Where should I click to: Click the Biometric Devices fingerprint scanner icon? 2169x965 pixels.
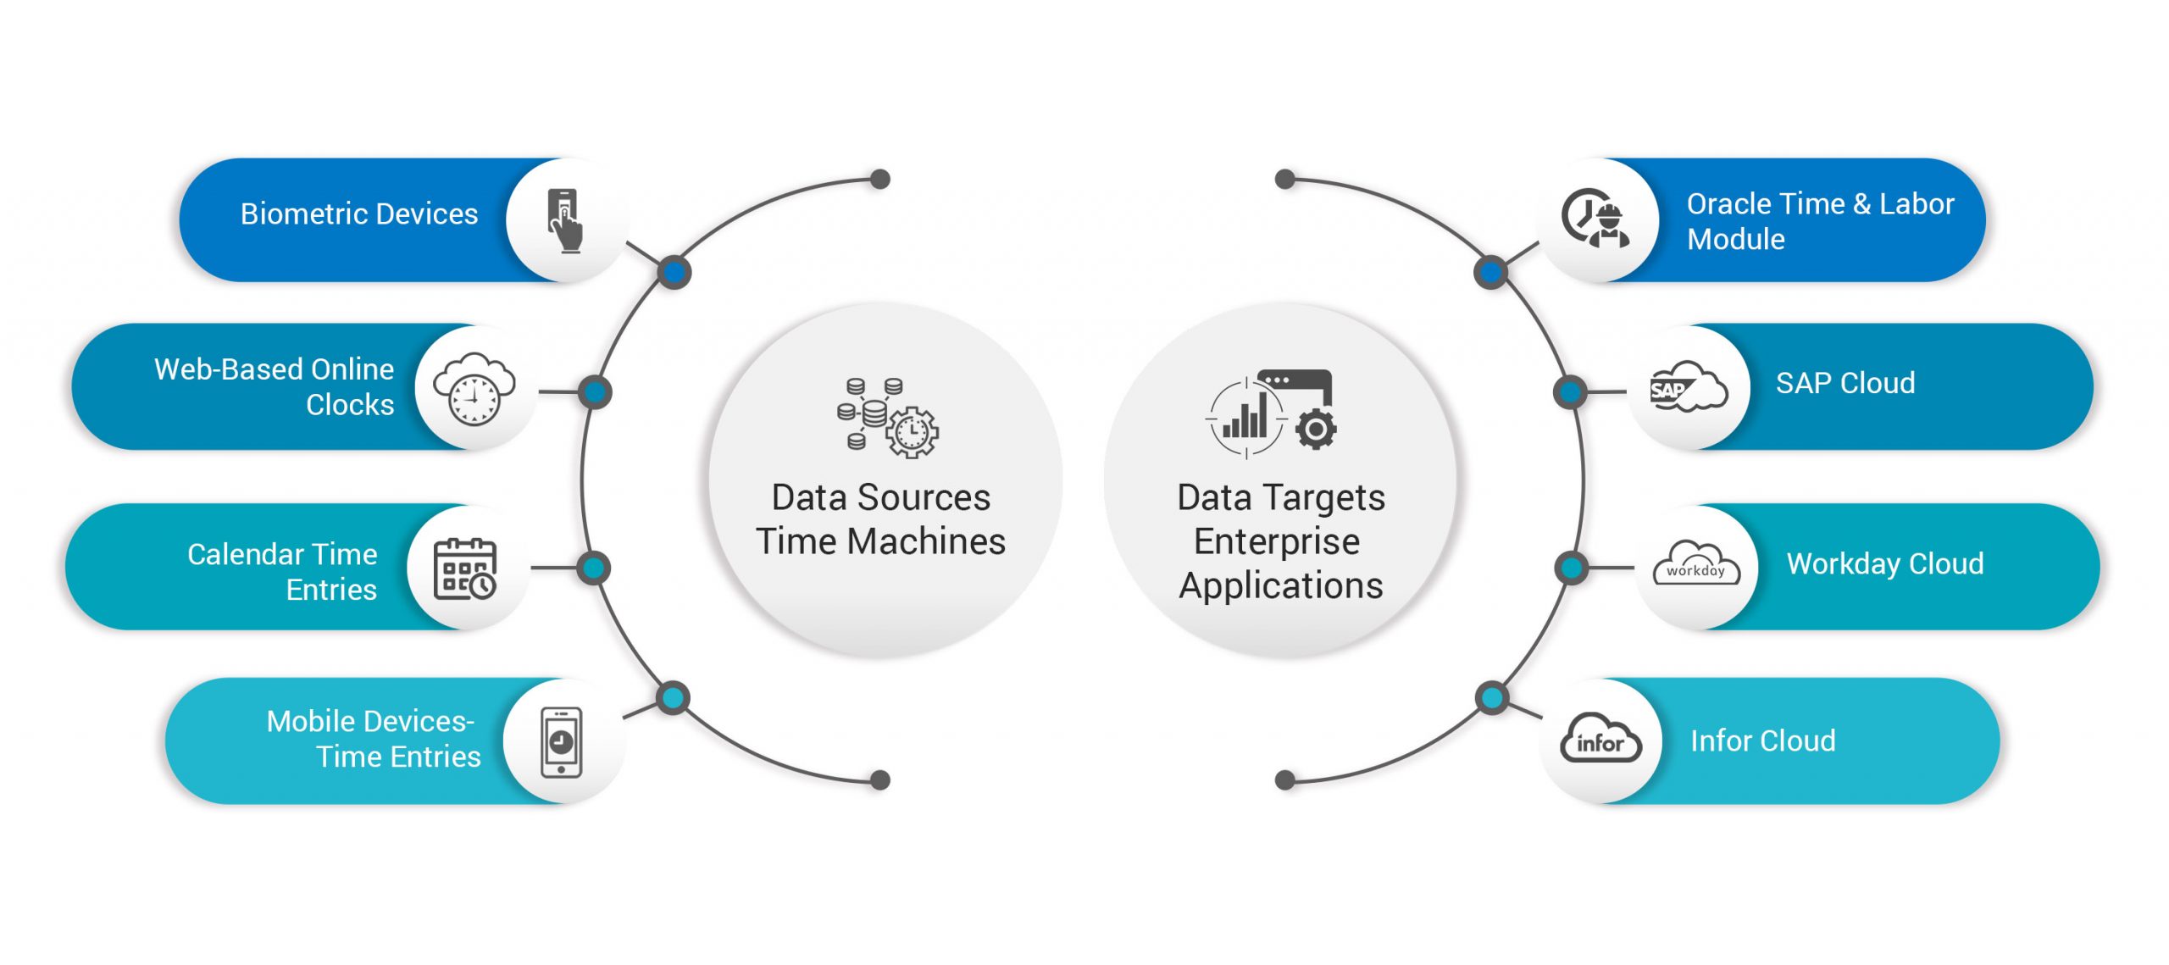click(x=565, y=220)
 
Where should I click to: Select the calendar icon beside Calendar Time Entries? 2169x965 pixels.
click(x=465, y=568)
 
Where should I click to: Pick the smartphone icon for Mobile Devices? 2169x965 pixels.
click(x=561, y=742)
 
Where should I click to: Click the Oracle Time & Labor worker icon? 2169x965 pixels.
click(x=1595, y=219)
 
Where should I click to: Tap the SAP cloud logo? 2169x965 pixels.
click(x=1687, y=387)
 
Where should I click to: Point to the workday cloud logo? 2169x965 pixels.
click(x=1695, y=565)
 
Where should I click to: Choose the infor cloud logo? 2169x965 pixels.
click(x=1600, y=740)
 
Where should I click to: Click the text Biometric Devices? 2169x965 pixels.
click(x=359, y=214)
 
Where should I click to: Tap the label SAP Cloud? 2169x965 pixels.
click(x=1844, y=383)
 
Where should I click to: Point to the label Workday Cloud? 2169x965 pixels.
click(x=1884, y=563)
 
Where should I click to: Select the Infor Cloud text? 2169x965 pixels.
click(x=1762, y=740)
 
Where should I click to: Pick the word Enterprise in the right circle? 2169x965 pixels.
click(x=1277, y=541)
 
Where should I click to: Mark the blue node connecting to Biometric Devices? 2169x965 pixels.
click(x=674, y=272)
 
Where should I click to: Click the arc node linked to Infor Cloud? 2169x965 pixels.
click(x=1491, y=698)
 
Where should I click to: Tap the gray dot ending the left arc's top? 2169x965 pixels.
click(x=880, y=179)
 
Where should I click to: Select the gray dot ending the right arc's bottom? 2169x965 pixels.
click(x=1285, y=780)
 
